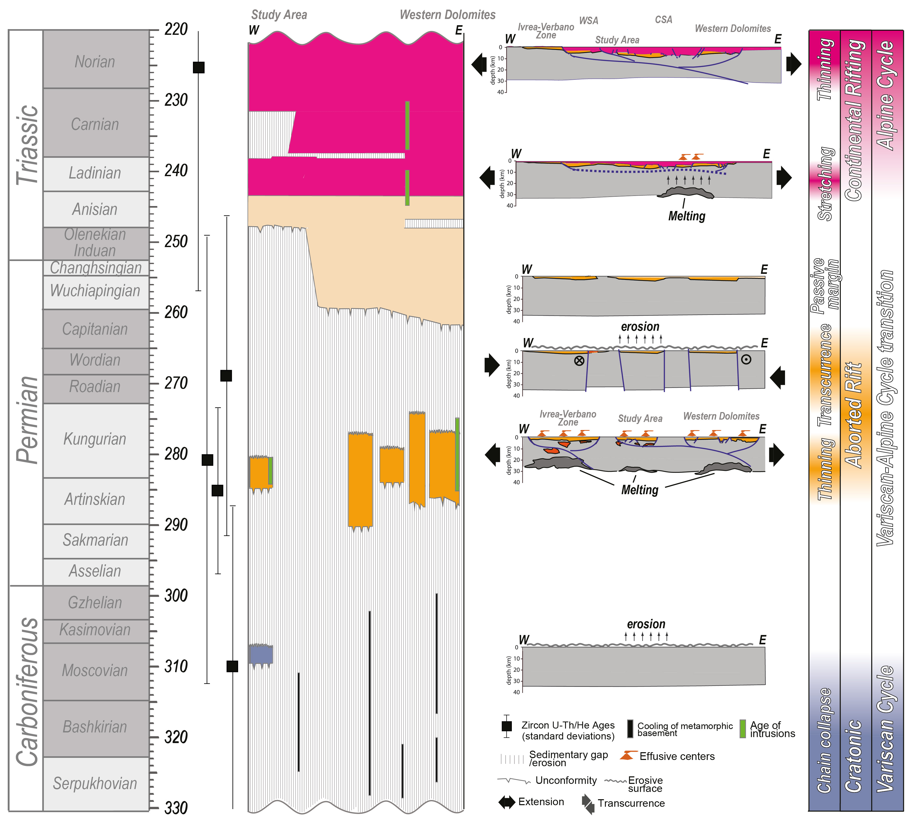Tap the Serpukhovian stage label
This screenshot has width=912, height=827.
95,784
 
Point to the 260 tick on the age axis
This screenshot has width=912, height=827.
154,312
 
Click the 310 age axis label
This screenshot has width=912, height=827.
176,666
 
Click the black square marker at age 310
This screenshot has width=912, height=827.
232,666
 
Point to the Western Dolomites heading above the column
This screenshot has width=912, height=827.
447,15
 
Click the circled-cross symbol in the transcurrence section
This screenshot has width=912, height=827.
579,361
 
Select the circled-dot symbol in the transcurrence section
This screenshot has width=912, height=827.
746,359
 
